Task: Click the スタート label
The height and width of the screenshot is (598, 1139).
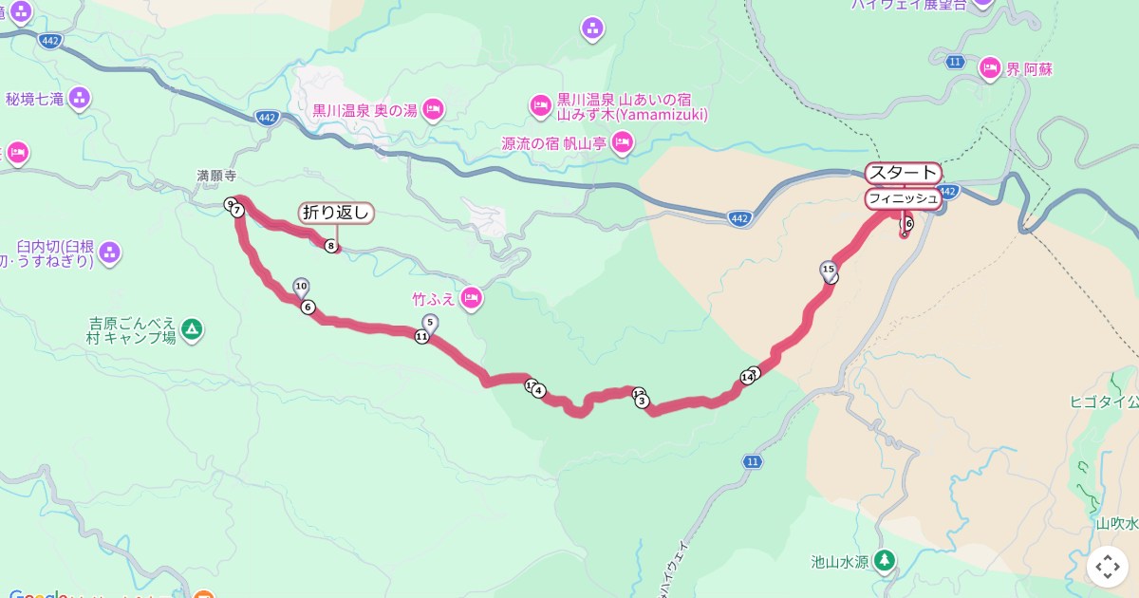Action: click(x=903, y=174)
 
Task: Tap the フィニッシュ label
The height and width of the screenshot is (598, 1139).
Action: click(x=903, y=198)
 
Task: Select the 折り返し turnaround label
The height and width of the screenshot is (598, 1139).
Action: click(x=336, y=213)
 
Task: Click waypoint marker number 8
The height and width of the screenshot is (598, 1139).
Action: click(x=331, y=246)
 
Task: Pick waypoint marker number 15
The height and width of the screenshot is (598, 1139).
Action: click(x=828, y=271)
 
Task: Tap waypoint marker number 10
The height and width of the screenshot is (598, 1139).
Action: click(x=301, y=286)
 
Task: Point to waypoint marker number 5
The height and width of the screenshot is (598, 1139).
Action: click(x=430, y=323)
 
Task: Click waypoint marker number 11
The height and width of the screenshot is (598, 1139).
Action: click(x=421, y=336)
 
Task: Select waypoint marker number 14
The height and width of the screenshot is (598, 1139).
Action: click(x=747, y=378)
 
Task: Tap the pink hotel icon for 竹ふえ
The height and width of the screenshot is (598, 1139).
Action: click(x=471, y=300)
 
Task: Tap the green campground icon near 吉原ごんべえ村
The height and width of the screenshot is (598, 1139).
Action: click(x=193, y=329)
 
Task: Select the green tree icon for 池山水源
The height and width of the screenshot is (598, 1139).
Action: click(x=885, y=559)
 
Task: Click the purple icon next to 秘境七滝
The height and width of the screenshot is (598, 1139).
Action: click(x=80, y=97)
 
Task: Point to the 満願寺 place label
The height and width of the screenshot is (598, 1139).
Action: click(x=215, y=176)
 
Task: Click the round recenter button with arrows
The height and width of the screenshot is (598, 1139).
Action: click(x=1108, y=567)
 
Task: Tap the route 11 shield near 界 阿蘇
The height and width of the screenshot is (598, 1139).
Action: click(x=956, y=62)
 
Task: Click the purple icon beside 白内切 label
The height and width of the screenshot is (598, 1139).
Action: click(x=110, y=252)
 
